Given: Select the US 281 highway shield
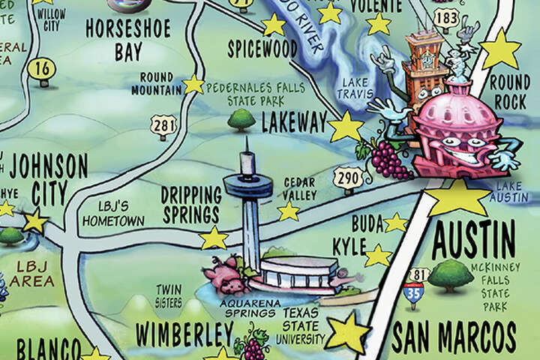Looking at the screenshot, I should [x=162, y=124].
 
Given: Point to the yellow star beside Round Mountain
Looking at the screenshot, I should [x=193, y=84].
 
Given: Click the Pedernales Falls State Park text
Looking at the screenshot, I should [x=255, y=94].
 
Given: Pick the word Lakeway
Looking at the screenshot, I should [x=294, y=123].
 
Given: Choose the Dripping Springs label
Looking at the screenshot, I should [x=191, y=204].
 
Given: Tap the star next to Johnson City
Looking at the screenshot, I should [x=34, y=221].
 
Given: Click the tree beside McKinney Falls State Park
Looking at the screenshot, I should [x=450, y=274].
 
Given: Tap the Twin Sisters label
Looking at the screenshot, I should [x=169, y=295].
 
